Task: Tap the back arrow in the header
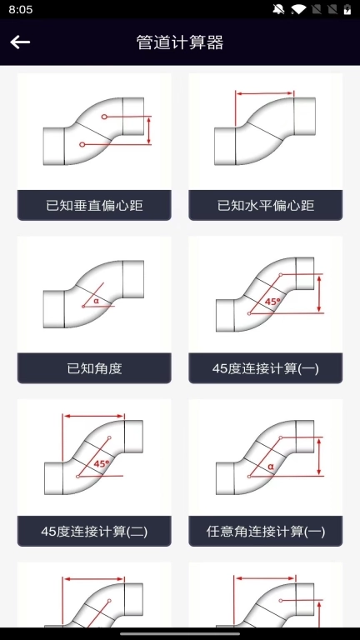tap(20, 42)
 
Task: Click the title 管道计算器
tap(180, 42)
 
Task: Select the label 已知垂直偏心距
tap(94, 205)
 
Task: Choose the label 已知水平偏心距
tap(266, 205)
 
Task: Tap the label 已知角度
tap(94, 367)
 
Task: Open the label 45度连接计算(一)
tap(266, 367)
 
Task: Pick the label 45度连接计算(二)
tap(94, 531)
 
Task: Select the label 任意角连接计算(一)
tap(266, 531)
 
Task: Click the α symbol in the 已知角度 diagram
tap(96, 301)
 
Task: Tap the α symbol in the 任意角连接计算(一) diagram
tap(271, 467)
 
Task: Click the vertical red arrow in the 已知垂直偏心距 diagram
tap(149, 130)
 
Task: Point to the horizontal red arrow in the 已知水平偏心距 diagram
tap(265, 94)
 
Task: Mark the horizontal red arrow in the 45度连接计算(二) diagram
tap(93, 416)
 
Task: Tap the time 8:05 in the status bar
tap(22, 9)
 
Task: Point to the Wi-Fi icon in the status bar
tap(297, 9)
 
